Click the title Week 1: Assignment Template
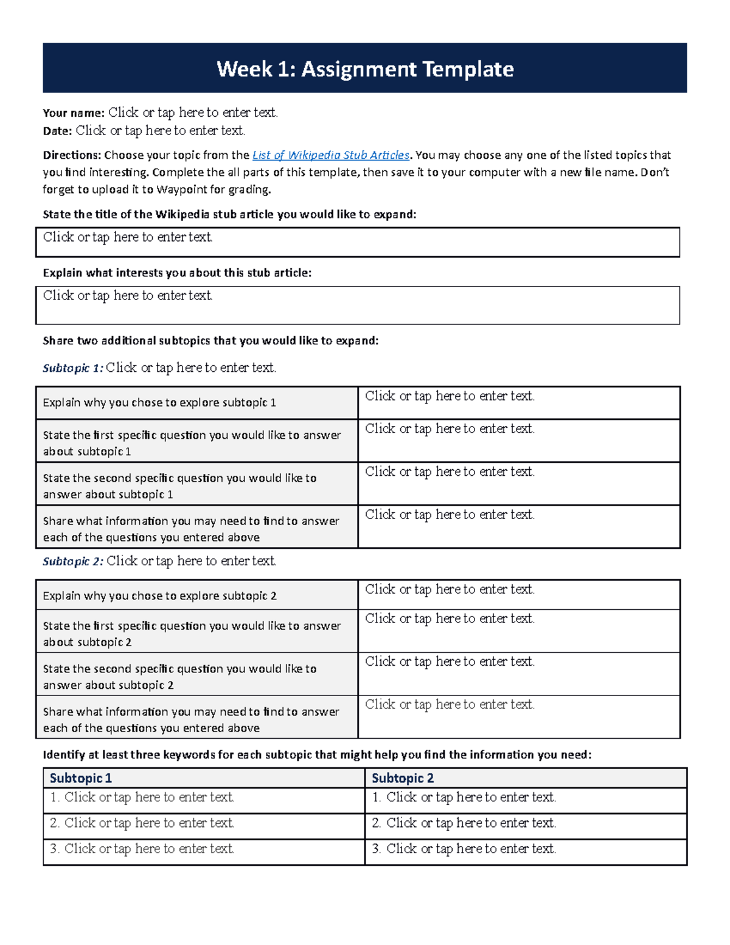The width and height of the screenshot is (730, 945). point(365,69)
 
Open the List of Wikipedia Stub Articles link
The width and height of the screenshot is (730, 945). point(330,155)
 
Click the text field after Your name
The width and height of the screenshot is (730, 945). point(193,113)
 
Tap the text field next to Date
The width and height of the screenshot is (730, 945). point(160,131)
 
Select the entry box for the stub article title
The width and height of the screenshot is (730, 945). point(358,242)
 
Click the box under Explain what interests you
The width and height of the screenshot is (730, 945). point(358,305)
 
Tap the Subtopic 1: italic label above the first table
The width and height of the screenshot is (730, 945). point(73,368)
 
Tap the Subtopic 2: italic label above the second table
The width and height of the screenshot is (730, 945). point(73,561)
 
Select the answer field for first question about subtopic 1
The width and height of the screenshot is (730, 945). point(518,441)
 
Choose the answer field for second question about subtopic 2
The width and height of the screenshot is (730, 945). point(518,674)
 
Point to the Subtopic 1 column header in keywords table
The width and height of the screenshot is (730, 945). point(81,778)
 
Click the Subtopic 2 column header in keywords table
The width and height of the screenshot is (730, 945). point(403,778)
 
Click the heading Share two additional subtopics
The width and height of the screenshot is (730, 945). point(210,341)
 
